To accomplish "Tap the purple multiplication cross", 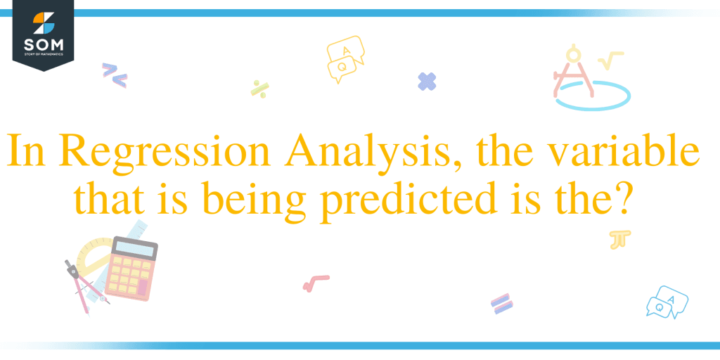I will (427, 82).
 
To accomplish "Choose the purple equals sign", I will (501, 304).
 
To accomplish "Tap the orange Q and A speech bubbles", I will (345, 59).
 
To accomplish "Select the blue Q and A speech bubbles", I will (667, 301).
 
